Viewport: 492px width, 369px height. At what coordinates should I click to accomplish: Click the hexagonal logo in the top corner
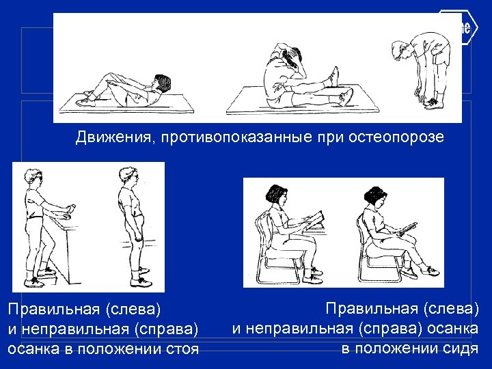pos(456,27)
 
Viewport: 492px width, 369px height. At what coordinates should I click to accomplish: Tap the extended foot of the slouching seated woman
pos(430,271)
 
